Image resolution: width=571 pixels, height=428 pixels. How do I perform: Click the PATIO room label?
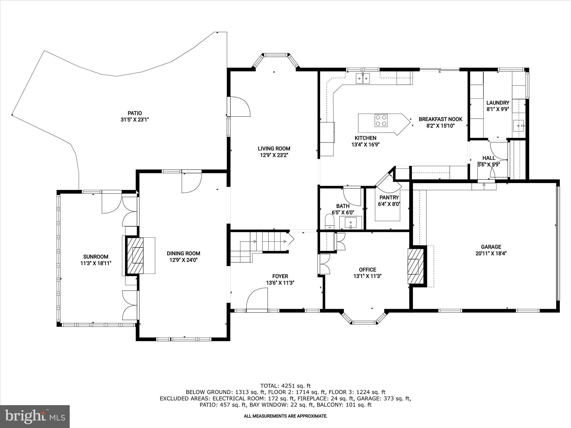pyautogui.click(x=135, y=113)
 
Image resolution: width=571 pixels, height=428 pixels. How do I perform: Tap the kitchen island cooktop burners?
pyautogui.click(x=381, y=121)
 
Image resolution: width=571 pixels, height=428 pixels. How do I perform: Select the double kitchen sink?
pyautogui.click(x=362, y=79)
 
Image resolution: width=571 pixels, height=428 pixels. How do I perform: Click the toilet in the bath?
pyautogui.click(x=330, y=222)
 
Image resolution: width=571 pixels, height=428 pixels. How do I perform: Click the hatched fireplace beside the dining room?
pyautogui.click(x=136, y=256)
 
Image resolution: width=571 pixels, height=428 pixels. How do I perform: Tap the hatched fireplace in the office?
pyautogui.click(x=416, y=266)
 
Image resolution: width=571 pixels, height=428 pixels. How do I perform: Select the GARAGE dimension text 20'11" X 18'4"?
pyautogui.click(x=491, y=254)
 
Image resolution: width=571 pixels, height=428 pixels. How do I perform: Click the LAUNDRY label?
pyautogui.click(x=498, y=103)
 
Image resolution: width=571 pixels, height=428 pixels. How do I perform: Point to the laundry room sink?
pyautogui.click(x=519, y=126)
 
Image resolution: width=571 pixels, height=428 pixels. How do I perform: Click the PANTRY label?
pyautogui.click(x=389, y=198)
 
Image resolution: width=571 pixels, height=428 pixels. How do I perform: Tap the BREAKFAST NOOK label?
pyautogui.click(x=441, y=119)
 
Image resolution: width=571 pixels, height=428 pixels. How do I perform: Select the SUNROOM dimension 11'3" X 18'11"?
pyautogui.click(x=96, y=263)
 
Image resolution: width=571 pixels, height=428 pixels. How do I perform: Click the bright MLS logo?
pyautogui.click(x=35, y=416)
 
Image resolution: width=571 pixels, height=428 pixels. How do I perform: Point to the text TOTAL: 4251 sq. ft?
pyautogui.click(x=285, y=386)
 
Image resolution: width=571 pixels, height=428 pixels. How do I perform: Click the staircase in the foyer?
pyautogui.click(x=259, y=245)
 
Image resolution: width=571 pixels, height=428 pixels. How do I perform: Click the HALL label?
pyautogui.click(x=489, y=158)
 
